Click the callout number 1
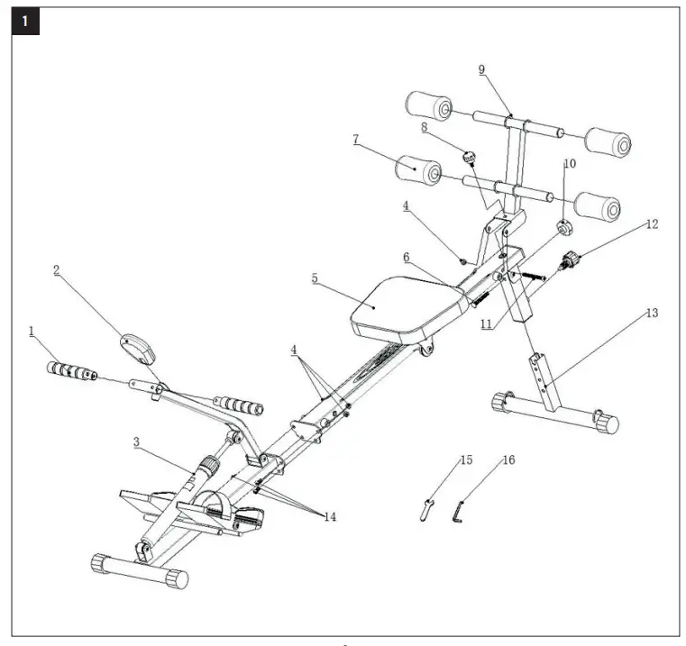click(32, 332)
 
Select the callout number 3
click(136, 442)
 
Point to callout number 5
click(315, 279)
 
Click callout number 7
click(357, 140)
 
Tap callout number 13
click(652, 313)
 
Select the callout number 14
click(330, 517)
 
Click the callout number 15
click(465, 460)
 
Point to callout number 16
click(509, 460)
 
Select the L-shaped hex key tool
click(459, 514)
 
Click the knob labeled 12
click(570, 261)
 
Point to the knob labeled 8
click(469, 159)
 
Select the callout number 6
click(407, 257)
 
